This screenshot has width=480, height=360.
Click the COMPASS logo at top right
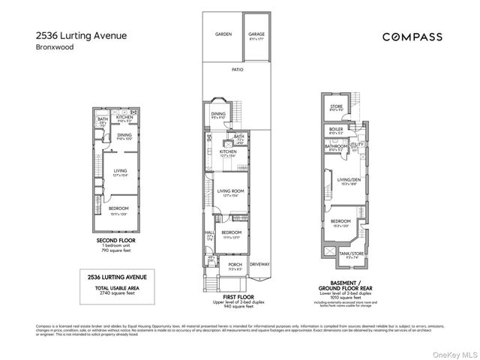tap(412, 36)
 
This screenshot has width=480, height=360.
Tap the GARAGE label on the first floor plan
tap(256, 34)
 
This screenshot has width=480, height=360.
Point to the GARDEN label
tap(223, 34)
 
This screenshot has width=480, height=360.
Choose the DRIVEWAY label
tap(259, 264)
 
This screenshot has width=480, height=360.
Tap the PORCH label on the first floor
tap(235, 264)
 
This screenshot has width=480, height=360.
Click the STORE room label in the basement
tap(336, 106)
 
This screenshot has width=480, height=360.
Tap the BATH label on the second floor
tap(103, 119)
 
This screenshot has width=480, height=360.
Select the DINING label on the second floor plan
tap(124, 135)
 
